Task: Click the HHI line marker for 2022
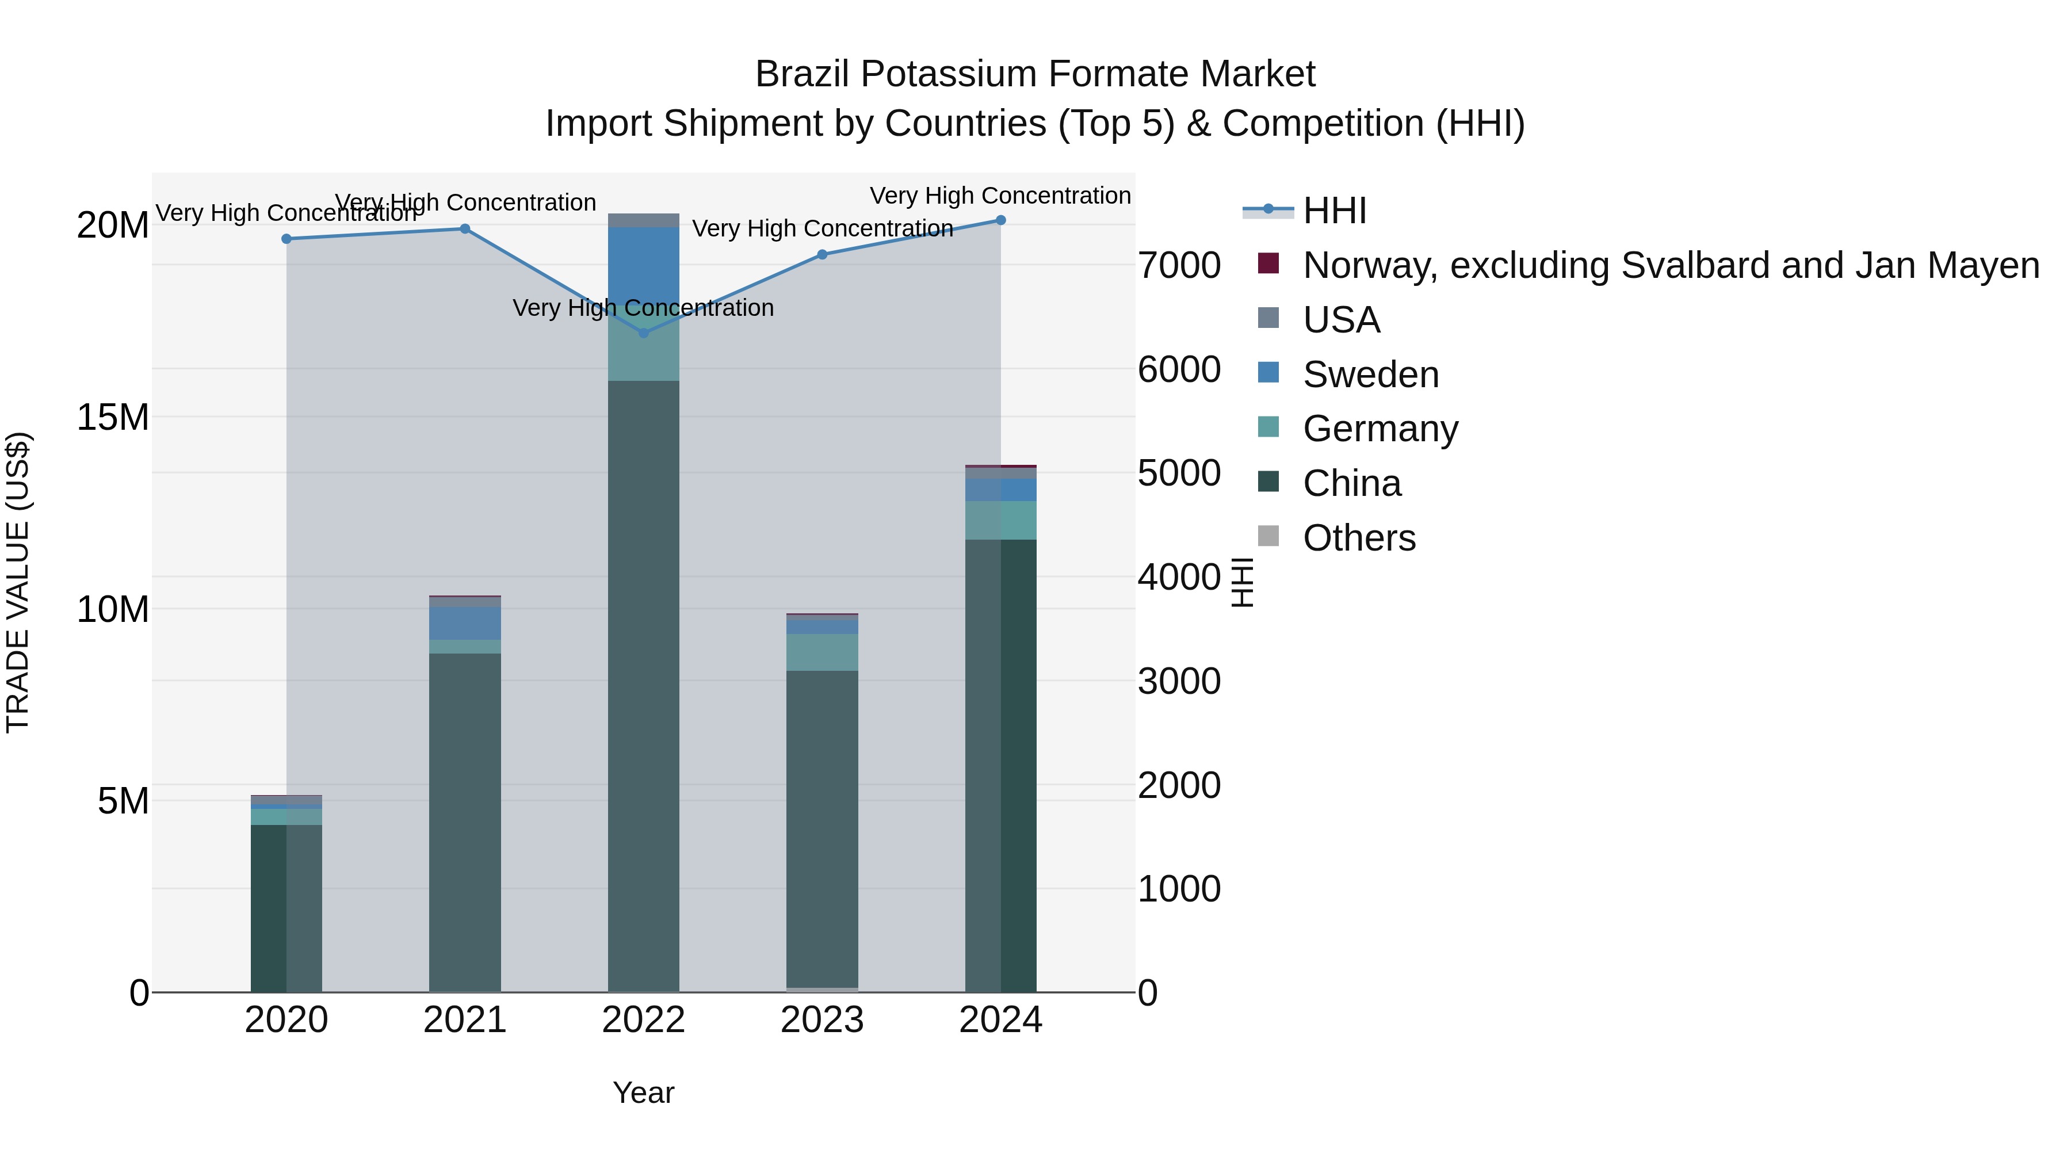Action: (x=643, y=333)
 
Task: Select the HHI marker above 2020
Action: (x=286, y=239)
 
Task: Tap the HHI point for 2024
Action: (x=1000, y=220)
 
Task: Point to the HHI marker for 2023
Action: (x=821, y=255)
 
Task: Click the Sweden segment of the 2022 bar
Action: (x=643, y=265)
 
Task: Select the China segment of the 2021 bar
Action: (x=465, y=820)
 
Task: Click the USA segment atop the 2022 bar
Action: (x=643, y=220)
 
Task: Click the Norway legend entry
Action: (x=1671, y=265)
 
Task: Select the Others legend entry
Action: (x=1359, y=538)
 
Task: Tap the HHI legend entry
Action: (x=1335, y=211)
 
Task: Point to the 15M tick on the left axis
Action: (x=113, y=417)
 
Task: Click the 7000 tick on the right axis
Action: (x=1179, y=265)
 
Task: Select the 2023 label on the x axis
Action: (x=821, y=1020)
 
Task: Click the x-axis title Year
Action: (x=643, y=1093)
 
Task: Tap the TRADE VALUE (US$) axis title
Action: (x=18, y=582)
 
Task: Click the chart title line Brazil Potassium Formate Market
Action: (x=1035, y=74)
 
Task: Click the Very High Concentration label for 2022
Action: (x=643, y=308)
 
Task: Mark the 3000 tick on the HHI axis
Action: (x=1179, y=681)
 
